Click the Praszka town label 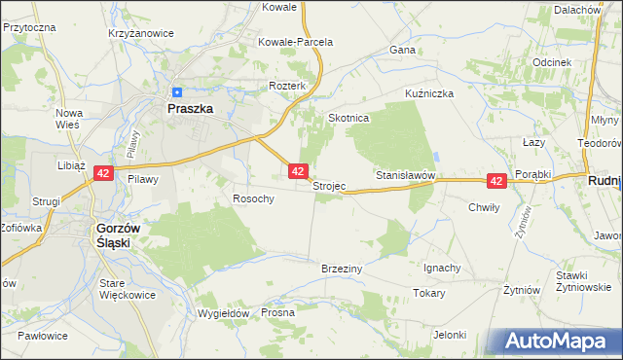click(190, 110)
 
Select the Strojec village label click(329, 187)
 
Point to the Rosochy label click(253, 198)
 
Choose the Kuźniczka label click(430, 94)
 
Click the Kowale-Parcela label click(295, 43)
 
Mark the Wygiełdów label click(225, 313)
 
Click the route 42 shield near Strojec click(299, 171)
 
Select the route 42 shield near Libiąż click(104, 173)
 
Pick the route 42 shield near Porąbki click(496, 181)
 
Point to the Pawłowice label click(42, 336)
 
